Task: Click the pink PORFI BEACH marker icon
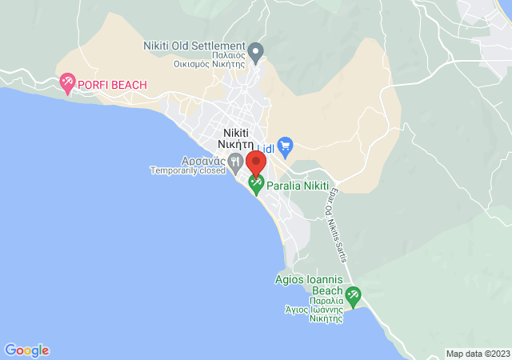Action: point(68,81)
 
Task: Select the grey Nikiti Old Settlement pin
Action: point(256,53)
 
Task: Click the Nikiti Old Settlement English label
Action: point(194,46)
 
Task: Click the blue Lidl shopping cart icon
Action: point(286,146)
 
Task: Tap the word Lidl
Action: point(265,149)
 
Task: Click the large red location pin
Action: point(256,163)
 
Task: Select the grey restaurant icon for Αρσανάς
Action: point(235,162)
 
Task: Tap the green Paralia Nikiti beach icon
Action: point(256,185)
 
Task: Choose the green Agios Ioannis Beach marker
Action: point(353,296)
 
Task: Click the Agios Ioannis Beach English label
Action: point(308,285)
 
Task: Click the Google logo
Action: point(26,350)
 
